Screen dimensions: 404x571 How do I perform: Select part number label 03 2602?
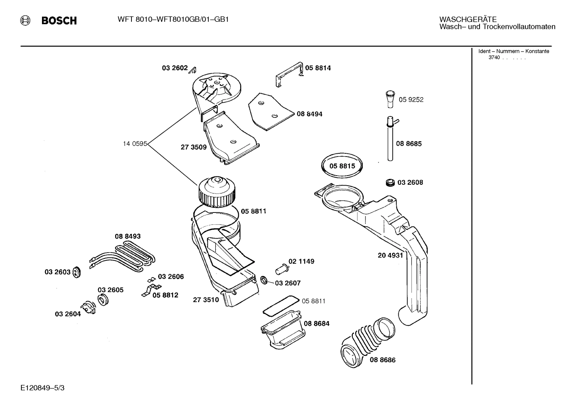point(174,68)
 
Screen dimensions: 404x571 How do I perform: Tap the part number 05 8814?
point(318,68)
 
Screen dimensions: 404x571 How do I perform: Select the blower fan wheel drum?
point(219,192)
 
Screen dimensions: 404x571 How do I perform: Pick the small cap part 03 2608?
point(390,182)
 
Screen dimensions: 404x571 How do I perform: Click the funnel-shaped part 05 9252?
point(390,99)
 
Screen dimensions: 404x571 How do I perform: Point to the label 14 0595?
point(135,144)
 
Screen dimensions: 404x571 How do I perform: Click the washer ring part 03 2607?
point(263,281)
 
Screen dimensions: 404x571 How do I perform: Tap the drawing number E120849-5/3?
point(42,388)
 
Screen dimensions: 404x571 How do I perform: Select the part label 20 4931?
point(390,255)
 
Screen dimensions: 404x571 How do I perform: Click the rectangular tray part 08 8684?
point(282,329)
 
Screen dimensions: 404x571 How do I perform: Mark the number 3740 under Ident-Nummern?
point(494,57)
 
